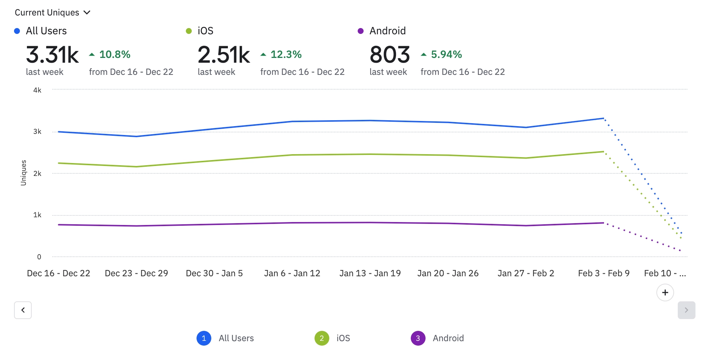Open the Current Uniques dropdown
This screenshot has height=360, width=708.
(x=52, y=13)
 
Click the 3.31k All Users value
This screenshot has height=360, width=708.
(x=52, y=55)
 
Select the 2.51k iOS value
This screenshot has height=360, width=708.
(x=224, y=55)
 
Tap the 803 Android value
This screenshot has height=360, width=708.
(x=390, y=55)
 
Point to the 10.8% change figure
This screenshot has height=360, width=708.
(x=115, y=55)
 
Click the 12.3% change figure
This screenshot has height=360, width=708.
(x=286, y=55)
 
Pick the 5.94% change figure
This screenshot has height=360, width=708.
(x=446, y=55)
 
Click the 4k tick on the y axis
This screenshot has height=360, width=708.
(x=37, y=90)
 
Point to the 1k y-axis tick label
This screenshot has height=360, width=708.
(x=37, y=215)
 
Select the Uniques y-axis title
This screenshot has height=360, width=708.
(x=24, y=173)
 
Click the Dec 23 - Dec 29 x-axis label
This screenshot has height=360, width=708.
(x=136, y=273)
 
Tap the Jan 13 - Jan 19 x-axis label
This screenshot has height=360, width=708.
(x=370, y=273)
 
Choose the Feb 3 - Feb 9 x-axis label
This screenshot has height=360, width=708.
(x=604, y=273)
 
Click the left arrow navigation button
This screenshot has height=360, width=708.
(x=23, y=310)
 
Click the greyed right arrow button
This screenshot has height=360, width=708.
(x=686, y=310)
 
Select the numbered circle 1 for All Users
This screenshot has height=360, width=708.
(x=204, y=338)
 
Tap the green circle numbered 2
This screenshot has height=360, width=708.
(x=322, y=338)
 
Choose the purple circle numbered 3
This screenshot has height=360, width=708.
(x=418, y=338)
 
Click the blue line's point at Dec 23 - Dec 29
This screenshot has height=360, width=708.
(x=136, y=136)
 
